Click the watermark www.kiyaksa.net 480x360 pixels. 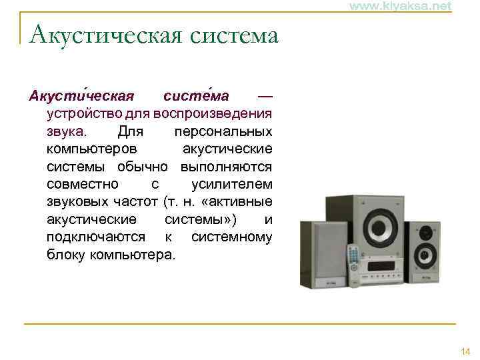tap(400, 6)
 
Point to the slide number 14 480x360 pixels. tap(465, 351)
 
